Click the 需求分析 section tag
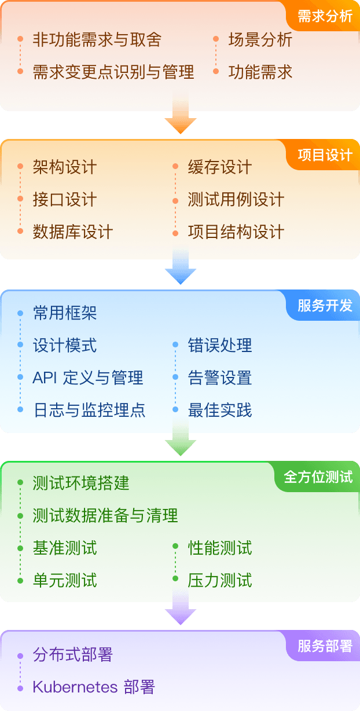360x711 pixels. (x=325, y=16)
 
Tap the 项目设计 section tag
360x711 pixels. (x=325, y=155)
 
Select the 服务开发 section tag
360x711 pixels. (x=325, y=306)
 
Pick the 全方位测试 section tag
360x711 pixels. (x=318, y=477)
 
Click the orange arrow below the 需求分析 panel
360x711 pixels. (x=181, y=120)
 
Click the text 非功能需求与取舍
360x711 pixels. (x=97, y=39)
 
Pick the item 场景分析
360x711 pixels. (x=260, y=39)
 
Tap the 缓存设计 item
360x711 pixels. (x=220, y=167)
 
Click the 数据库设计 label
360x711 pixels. (x=73, y=232)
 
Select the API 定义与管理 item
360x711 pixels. (x=88, y=378)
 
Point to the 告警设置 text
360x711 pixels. (x=220, y=378)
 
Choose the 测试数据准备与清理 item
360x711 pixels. (x=105, y=515)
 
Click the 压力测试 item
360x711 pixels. (x=220, y=580)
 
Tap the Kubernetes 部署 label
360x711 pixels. (x=94, y=687)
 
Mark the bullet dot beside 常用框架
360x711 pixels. (x=20, y=313)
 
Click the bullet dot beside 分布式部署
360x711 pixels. (x=20, y=655)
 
